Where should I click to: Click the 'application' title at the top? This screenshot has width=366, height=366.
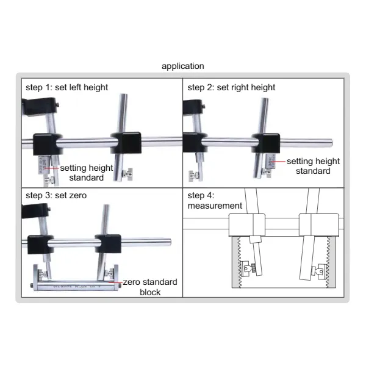[x=183, y=66]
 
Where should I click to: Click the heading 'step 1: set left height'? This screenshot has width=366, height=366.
[x=66, y=87]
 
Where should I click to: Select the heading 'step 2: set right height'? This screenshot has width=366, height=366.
[x=231, y=87]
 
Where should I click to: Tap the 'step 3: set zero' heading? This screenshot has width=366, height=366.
[x=57, y=196]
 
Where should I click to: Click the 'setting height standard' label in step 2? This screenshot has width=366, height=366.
[x=313, y=166]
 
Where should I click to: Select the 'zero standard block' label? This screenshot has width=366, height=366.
[x=149, y=287]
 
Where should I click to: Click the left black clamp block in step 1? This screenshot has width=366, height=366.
[x=45, y=143]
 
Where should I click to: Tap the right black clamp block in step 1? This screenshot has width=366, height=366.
[x=126, y=143]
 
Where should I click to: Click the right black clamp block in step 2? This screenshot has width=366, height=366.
[x=267, y=143]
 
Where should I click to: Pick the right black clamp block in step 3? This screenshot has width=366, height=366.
[x=107, y=243]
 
